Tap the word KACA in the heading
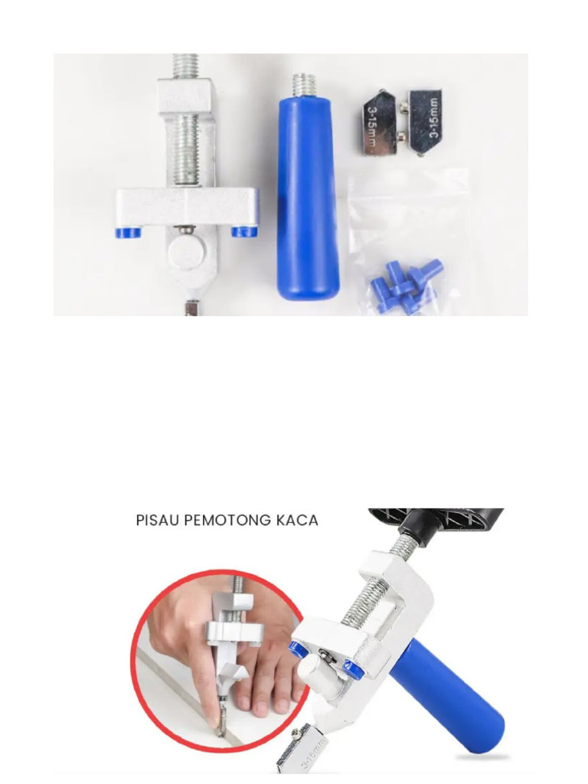pyautogui.click(x=297, y=521)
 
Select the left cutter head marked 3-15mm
pyautogui.click(x=381, y=122)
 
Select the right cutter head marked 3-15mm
pyautogui.click(x=424, y=121)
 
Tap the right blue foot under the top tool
pyautogui.click(x=244, y=231)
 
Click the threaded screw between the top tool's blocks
pyautogui.click(x=187, y=150)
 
